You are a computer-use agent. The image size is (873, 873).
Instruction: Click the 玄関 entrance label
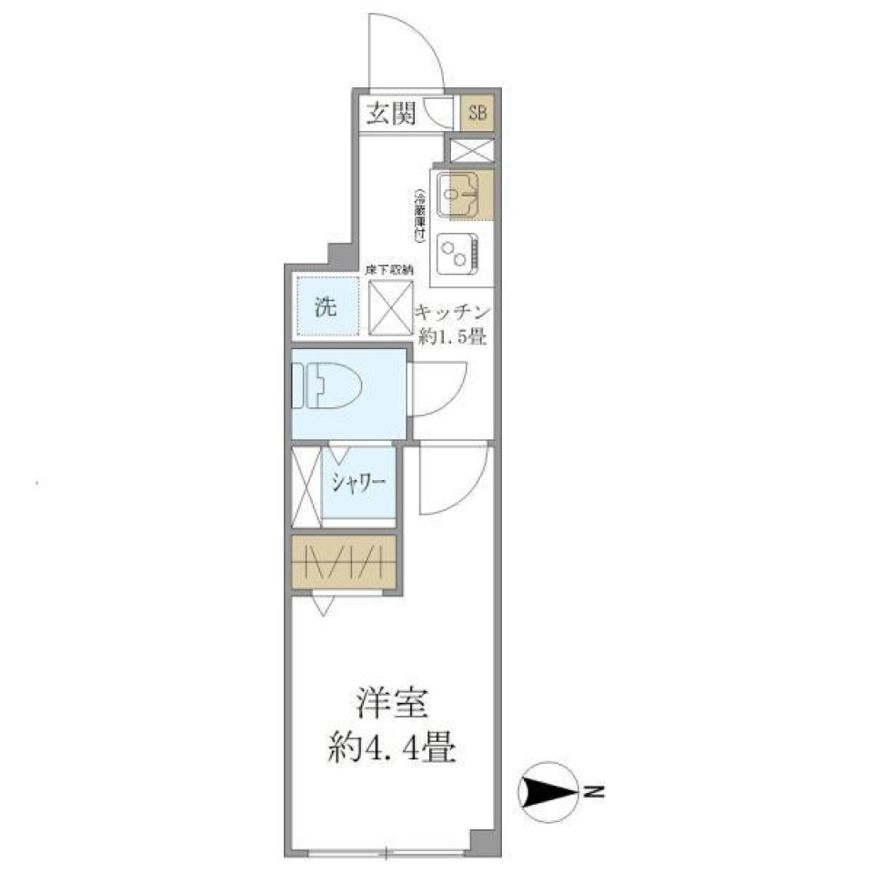point(391,114)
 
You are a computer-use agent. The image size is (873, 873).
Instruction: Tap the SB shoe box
point(477,114)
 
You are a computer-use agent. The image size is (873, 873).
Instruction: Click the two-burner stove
point(456,254)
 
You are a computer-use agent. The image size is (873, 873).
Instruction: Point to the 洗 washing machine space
point(326,306)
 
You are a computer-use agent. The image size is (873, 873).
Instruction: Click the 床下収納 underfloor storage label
point(389,269)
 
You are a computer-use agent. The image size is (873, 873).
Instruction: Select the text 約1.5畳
point(453,336)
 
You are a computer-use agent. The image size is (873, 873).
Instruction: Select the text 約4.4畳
point(392,749)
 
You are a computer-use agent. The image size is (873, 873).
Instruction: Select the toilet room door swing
point(436,387)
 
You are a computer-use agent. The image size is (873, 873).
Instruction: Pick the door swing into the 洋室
point(452,480)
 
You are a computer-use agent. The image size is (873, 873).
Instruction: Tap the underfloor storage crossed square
point(390,306)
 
